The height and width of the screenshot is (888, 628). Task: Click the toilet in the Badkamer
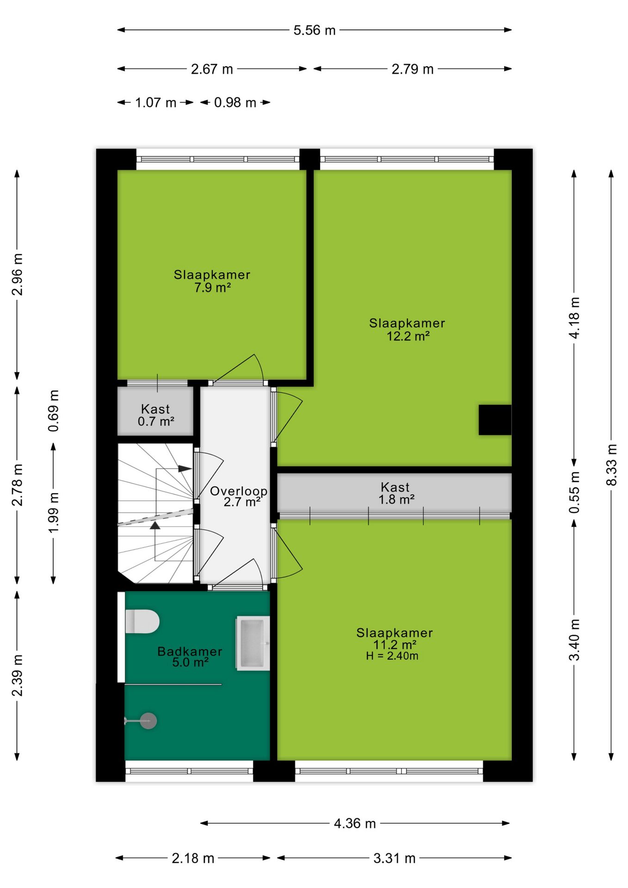tap(142, 621)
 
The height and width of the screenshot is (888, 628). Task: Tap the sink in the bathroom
tap(253, 643)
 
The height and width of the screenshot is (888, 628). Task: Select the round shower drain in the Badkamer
tap(148, 721)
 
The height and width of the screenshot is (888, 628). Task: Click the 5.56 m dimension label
tap(314, 30)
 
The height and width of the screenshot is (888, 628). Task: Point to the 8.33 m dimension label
tap(611, 465)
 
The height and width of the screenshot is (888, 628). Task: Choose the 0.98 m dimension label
tap(235, 102)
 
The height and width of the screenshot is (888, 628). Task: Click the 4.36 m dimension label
tap(355, 823)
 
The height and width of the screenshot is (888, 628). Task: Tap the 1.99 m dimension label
tap(54, 512)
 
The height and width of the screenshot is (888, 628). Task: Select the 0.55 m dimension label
tap(574, 493)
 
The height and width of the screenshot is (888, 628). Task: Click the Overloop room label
tap(239, 491)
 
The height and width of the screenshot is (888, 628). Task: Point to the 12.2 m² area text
tap(408, 336)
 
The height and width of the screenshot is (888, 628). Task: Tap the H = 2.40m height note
tap(392, 656)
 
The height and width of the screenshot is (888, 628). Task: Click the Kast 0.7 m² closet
tap(155, 411)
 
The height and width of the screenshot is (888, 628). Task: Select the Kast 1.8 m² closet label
tap(395, 493)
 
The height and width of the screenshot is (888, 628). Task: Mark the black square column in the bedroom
tap(495, 420)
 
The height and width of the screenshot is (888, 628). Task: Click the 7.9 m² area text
tap(213, 287)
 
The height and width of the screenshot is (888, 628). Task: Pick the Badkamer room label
tap(190, 651)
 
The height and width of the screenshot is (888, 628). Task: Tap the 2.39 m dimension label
tap(17, 675)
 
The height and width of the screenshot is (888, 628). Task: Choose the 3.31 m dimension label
tap(394, 858)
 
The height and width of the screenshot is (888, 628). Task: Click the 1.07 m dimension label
tap(156, 102)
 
